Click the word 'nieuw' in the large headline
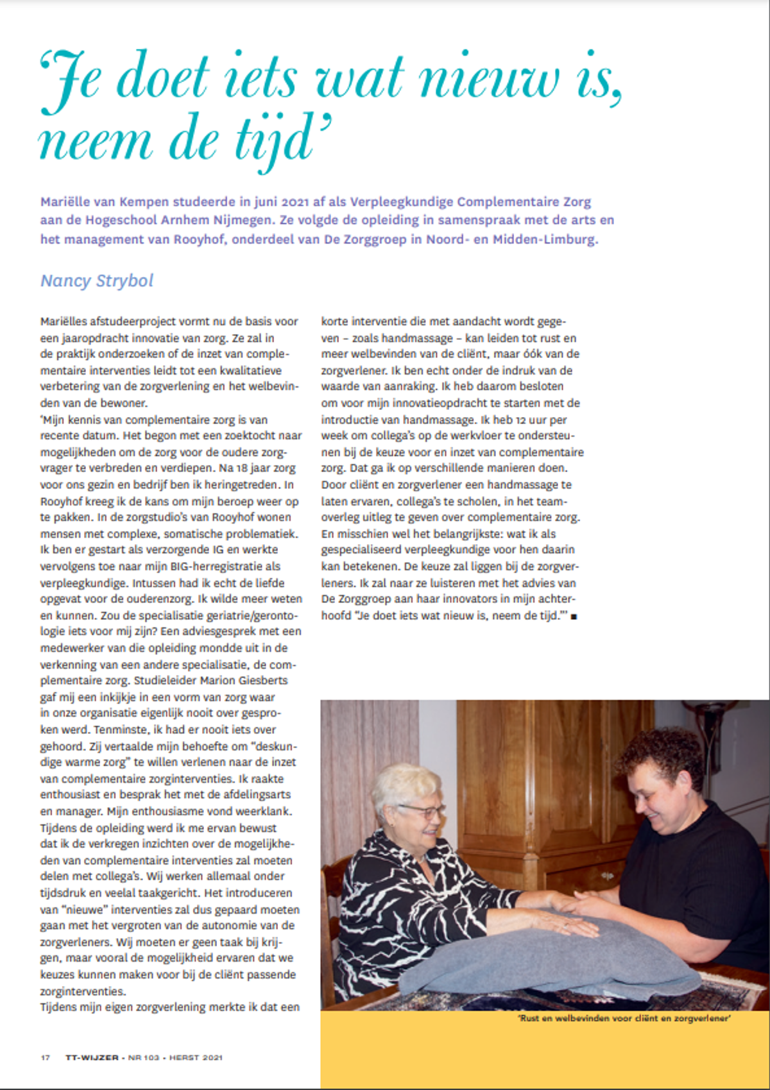click(x=488, y=79)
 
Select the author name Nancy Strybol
click(x=97, y=281)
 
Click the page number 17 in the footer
click(x=45, y=1057)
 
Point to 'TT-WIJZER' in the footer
click(x=92, y=1057)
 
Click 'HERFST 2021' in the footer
click(x=196, y=1057)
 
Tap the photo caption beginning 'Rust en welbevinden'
click(x=624, y=1018)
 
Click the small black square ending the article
click(x=574, y=617)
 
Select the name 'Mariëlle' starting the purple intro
click(x=67, y=201)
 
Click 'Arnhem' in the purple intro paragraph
click(x=185, y=220)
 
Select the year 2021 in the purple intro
click(x=295, y=201)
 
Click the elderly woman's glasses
click(x=422, y=811)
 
